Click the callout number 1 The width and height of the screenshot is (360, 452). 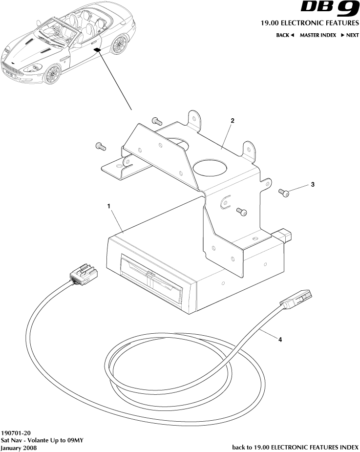[109, 206]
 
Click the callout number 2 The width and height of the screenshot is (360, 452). [233, 120]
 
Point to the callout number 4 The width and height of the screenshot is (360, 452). [280, 342]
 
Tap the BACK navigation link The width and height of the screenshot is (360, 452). [285, 35]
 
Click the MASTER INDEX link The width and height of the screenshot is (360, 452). [318, 35]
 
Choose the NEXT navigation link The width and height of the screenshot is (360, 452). [350, 35]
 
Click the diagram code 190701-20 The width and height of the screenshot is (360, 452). [17, 433]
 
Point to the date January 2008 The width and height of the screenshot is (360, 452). [19, 448]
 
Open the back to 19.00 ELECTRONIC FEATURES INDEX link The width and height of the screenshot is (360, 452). [295, 447]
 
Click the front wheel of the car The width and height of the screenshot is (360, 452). [52, 75]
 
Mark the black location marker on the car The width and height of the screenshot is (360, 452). [96, 50]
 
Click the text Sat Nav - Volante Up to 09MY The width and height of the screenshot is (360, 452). [42, 440]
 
